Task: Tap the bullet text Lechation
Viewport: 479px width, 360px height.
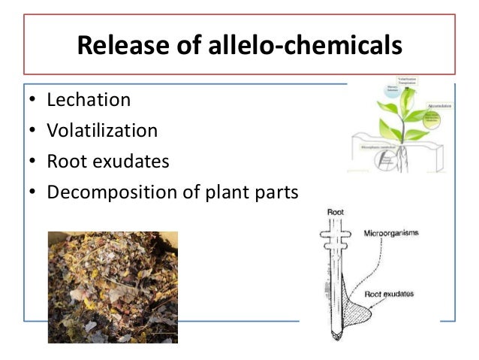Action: pyautogui.click(x=89, y=100)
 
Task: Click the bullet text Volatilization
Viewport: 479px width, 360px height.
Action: pyautogui.click(x=102, y=131)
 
